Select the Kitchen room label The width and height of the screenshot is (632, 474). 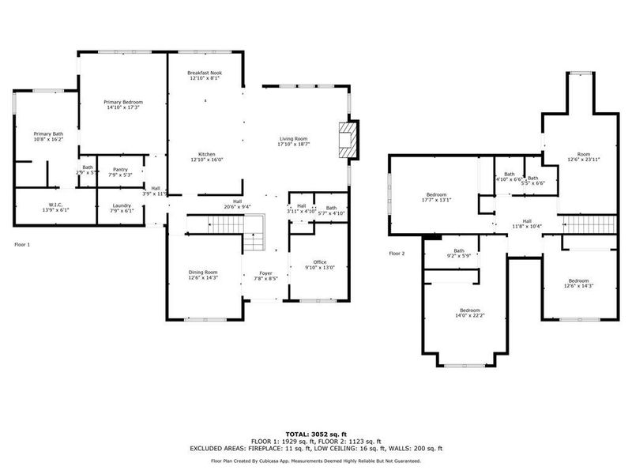[206, 156]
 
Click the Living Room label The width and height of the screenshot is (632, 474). [293, 141]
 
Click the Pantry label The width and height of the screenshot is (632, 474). [120, 171]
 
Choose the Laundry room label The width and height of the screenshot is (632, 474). [122, 209]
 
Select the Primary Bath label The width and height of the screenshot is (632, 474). [47, 137]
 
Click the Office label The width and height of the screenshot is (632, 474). [319, 264]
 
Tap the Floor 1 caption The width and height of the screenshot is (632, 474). [22, 245]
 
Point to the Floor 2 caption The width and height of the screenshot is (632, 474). [397, 254]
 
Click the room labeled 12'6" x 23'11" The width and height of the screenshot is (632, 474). [584, 156]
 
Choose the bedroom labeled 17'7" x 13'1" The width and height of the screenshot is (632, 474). [437, 197]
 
